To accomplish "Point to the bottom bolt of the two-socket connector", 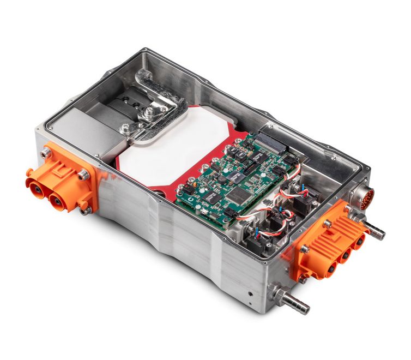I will click(86, 209).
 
